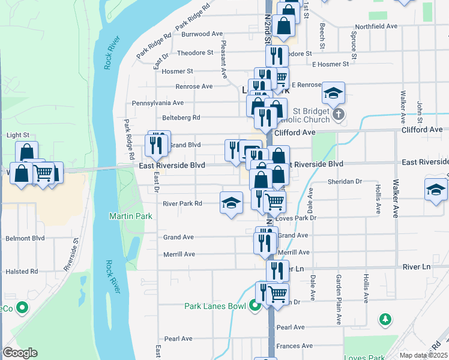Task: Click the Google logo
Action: click(x=20, y=353)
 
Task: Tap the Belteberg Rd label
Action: click(x=181, y=118)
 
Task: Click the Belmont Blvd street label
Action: click(x=25, y=238)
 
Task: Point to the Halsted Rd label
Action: click(x=22, y=271)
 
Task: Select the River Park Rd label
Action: click(x=182, y=203)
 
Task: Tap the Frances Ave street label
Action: click(x=295, y=346)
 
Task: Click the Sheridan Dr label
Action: click(x=345, y=181)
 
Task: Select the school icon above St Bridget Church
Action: click(x=333, y=93)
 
